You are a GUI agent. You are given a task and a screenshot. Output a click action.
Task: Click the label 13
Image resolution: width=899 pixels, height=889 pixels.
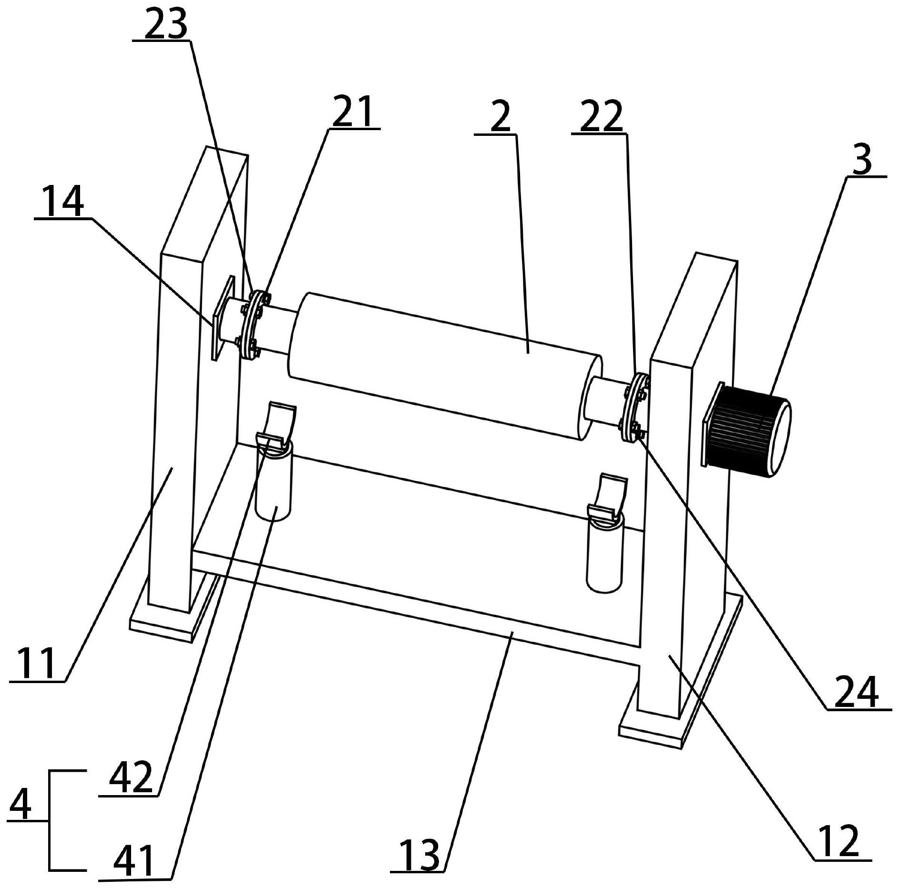pyautogui.click(x=419, y=855)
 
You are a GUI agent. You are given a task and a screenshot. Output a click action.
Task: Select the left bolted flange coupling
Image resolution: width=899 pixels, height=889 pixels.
pyautogui.click(x=252, y=324)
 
